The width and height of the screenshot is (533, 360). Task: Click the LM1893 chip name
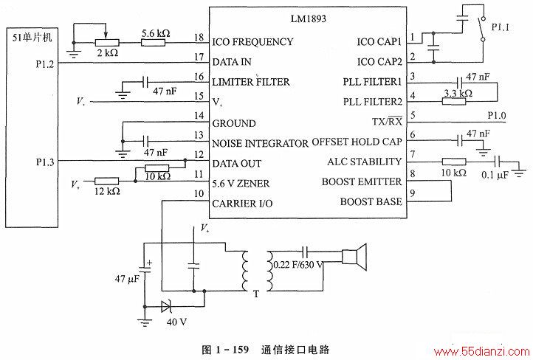(309, 18)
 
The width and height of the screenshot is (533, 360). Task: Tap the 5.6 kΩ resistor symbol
(154, 43)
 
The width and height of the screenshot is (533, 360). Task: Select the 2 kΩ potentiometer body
(107, 43)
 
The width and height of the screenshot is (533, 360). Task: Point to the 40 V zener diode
(167, 307)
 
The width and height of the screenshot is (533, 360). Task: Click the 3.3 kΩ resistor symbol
(454, 101)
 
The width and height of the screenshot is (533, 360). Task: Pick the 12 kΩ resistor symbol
(107, 181)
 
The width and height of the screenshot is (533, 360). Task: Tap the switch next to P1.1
(482, 29)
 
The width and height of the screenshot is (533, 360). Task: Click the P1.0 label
(497, 116)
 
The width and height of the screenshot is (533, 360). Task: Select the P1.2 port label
(45, 64)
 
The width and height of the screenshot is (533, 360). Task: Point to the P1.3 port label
(45, 162)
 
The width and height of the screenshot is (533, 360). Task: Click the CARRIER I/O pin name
(242, 204)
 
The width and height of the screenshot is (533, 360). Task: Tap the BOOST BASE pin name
(371, 201)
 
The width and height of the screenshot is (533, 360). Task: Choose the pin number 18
(199, 37)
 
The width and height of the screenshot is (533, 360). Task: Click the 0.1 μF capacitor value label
(495, 175)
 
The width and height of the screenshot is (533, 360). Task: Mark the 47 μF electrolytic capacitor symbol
(145, 268)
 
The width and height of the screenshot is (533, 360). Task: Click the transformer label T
(256, 294)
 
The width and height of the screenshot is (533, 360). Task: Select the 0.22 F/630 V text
(298, 265)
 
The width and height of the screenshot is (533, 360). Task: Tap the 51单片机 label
(32, 37)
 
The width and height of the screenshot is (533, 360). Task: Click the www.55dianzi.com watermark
(481, 351)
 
